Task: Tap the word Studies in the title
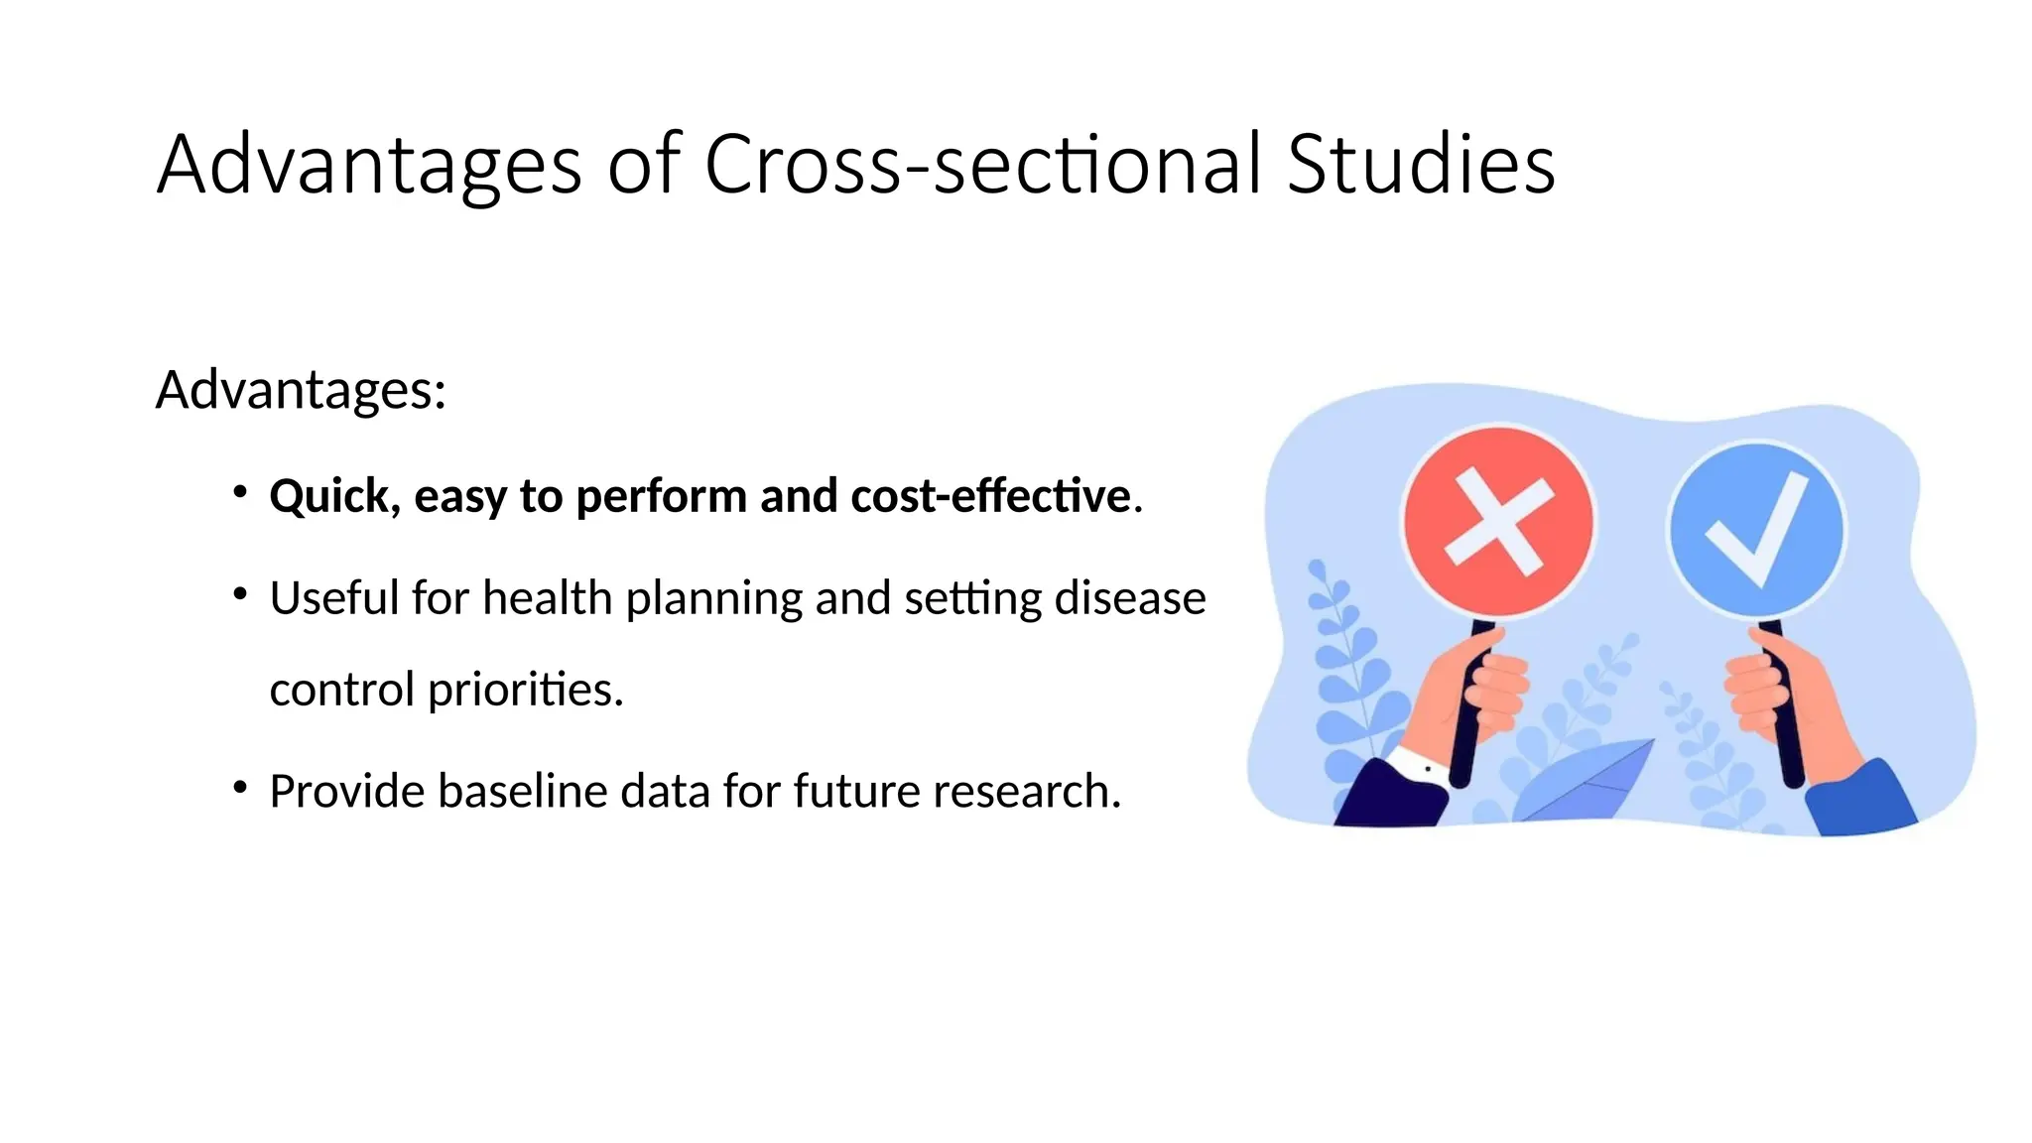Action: coord(1421,165)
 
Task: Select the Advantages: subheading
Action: coord(301,390)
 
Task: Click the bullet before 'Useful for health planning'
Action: coord(240,594)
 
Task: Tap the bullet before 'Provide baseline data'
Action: coord(240,788)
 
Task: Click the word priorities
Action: coord(524,690)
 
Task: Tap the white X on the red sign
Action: coord(1498,522)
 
